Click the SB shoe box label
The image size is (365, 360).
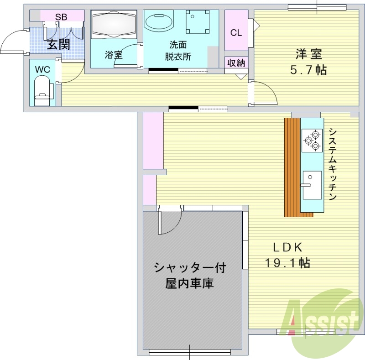point(61,17)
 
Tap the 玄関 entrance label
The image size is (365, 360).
point(58,45)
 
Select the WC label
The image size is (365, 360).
point(42,69)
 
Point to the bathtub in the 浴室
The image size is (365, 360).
point(114,23)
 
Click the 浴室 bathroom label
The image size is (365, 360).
point(114,55)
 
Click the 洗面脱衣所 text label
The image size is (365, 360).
point(178,51)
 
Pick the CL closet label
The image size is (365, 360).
point(236,33)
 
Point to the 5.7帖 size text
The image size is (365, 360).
point(309,70)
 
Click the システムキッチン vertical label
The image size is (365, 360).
point(333,164)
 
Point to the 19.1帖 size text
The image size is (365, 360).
point(288,262)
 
